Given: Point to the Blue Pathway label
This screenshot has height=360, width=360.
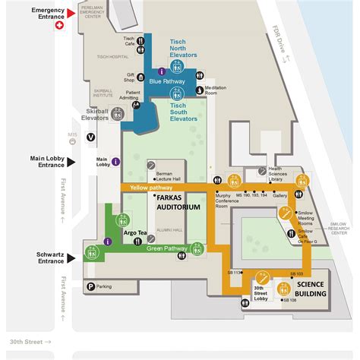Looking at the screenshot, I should coord(166,81).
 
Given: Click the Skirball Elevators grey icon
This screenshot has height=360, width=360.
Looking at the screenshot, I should coord(118,114).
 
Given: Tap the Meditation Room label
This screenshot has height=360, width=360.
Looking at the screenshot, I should coord(216,91).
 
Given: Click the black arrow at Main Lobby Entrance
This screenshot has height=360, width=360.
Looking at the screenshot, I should coord(71,160).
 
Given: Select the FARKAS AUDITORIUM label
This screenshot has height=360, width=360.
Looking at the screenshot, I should coord(178,202).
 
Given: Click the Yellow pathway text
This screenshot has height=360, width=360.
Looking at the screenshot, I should coord(151,187).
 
